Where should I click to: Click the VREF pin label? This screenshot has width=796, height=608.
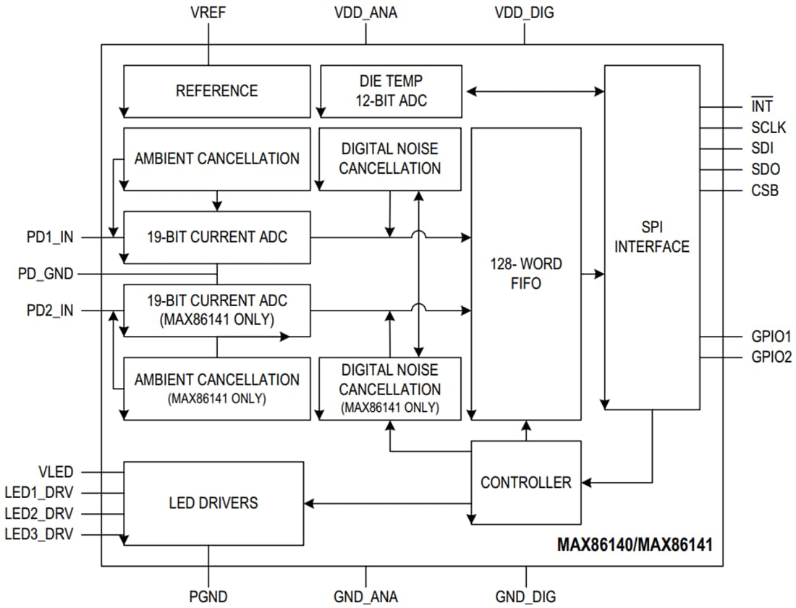(208, 13)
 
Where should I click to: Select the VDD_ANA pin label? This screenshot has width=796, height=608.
(365, 13)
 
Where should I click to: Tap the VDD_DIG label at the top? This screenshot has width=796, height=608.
(525, 13)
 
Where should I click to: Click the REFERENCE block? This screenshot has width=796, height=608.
(216, 91)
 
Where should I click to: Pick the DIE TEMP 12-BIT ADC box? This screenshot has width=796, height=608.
(391, 91)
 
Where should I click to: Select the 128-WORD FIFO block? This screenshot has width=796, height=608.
(525, 274)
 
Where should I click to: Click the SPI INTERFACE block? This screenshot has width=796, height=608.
(651, 237)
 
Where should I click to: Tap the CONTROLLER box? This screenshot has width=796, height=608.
(525, 482)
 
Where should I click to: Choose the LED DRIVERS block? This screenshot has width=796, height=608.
(213, 502)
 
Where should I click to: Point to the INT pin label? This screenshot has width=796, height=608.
(761, 107)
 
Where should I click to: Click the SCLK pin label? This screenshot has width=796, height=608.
(767, 129)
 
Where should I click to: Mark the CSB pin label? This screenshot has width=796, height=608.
(764, 192)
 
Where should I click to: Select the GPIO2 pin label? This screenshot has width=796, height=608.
(771, 357)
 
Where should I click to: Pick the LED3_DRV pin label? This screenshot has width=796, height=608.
(39, 534)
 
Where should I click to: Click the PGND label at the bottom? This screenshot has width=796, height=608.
(208, 596)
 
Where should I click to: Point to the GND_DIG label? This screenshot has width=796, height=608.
(525, 596)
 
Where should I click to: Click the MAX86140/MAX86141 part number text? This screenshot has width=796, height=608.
(634, 545)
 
